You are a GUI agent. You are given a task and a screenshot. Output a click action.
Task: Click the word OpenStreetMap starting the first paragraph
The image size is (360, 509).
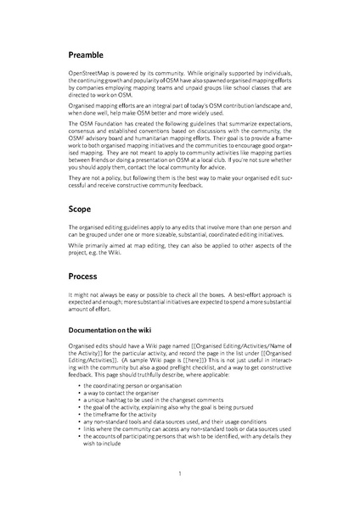91,76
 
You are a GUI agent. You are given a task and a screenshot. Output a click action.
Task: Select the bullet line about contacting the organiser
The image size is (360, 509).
123,392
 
